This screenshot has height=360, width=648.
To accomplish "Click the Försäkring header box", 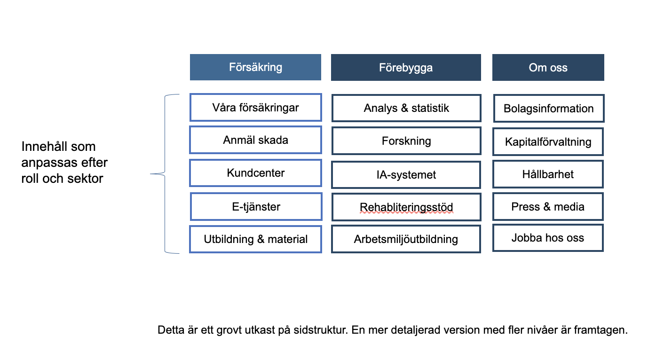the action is pyautogui.click(x=255, y=67).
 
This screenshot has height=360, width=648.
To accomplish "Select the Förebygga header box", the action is pyautogui.click(x=406, y=67).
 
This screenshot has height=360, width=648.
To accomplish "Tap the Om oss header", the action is pyautogui.click(x=548, y=67).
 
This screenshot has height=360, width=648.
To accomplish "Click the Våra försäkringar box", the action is pyautogui.click(x=256, y=107).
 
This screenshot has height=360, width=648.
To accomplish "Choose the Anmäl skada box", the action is pyautogui.click(x=255, y=140).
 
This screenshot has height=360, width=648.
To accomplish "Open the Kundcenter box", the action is pyautogui.click(x=255, y=173).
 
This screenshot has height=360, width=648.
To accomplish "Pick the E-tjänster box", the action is pyautogui.click(x=256, y=207).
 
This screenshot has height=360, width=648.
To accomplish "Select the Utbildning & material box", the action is pyautogui.click(x=255, y=239).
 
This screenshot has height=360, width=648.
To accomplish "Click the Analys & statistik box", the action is pyautogui.click(x=406, y=108).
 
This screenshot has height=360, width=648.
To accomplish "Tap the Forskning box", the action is pyautogui.click(x=406, y=141).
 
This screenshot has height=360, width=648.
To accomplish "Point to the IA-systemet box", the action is pyautogui.click(x=406, y=175).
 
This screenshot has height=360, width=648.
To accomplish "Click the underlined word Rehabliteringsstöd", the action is pyautogui.click(x=406, y=207).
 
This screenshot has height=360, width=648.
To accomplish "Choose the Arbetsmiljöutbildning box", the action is pyautogui.click(x=406, y=239).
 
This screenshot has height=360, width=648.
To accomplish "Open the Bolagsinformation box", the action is pyautogui.click(x=549, y=109).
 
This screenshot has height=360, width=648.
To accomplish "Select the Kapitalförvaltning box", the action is pyautogui.click(x=548, y=141).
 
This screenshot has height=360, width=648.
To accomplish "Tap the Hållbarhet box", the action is pyautogui.click(x=548, y=174).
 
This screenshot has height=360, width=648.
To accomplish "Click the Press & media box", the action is pyautogui.click(x=548, y=207).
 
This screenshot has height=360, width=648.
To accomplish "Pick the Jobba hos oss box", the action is pyautogui.click(x=548, y=238).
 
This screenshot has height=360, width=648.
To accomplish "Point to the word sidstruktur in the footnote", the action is pyautogui.click(x=321, y=330).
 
